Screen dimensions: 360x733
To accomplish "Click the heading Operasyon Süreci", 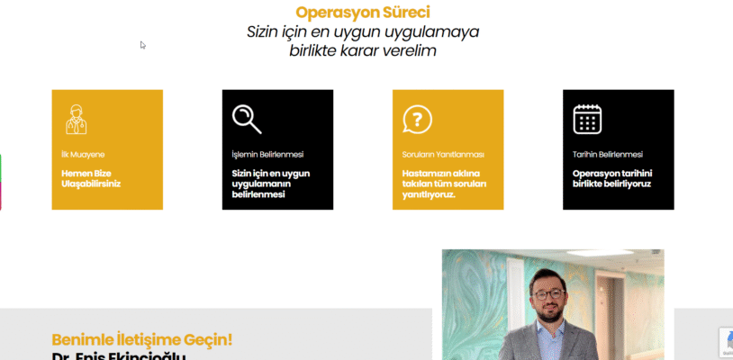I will click(x=363, y=13).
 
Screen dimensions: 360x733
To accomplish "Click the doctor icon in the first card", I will click(x=76, y=119).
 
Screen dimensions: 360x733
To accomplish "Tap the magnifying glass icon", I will click(x=246, y=119).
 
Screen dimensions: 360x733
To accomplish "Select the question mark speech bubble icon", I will click(x=417, y=119).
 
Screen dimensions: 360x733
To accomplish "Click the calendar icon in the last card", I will click(x=587, y=119).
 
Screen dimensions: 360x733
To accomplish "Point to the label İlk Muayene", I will click(x=77, y=154).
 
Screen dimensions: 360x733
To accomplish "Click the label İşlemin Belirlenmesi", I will click(x=267, y=154).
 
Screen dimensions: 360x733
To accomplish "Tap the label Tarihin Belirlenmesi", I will click(x=608, y=154).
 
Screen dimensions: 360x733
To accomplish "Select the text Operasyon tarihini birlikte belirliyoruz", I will click(x=612, y=178).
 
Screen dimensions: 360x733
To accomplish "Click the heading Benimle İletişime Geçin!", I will click(x=141, y=339).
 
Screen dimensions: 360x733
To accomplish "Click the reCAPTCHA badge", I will click(x=725, y=343).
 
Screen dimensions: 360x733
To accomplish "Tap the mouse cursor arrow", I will click(x=142, y=44).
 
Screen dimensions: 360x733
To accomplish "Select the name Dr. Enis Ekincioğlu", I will click(x=118, y=356).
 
